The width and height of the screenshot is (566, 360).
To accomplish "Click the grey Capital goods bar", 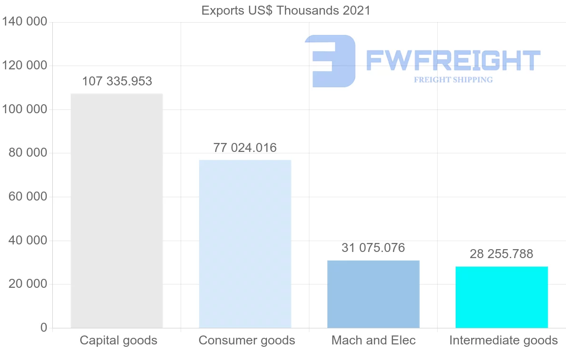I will (x=117, y=210).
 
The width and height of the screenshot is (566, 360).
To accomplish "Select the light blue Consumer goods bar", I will (x=245, y=244).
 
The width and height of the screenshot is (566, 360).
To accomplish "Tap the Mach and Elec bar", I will (x=373, y=294).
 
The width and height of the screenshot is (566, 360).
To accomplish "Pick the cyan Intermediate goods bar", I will (x=501, y=297).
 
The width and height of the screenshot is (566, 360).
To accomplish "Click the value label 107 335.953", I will (x=117, y=81).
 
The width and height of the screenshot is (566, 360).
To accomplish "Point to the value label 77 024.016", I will (x=245, y=148).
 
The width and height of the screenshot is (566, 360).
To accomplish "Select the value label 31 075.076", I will (x=373, y=248).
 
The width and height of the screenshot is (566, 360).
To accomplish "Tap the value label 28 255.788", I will (x=501, y=254).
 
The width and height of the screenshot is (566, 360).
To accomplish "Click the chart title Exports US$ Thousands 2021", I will (x=286, y=10).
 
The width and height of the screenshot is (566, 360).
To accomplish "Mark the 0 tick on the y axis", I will (x=44, y=327).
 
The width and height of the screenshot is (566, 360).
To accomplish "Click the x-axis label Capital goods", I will (x=118, y=340).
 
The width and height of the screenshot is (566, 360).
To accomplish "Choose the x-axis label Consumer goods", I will (x=247, y=340).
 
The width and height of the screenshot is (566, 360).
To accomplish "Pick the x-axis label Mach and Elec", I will (x=374, y=340).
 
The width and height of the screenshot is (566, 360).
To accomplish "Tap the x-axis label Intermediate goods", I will (x=503, y=340).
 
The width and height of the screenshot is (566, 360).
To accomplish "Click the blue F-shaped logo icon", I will (x=330, y=61).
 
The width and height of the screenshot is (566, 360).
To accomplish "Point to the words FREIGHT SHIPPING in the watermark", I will (x=453, y=80).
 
